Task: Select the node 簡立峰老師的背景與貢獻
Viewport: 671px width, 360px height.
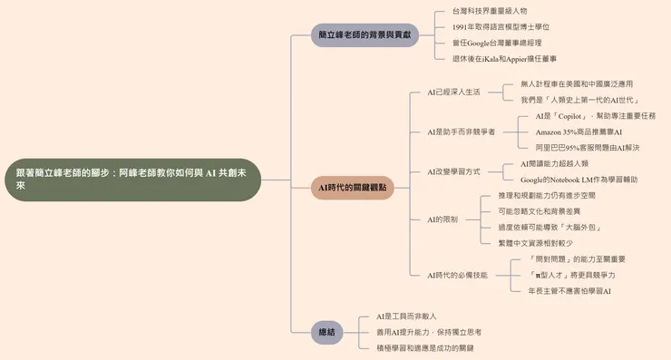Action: point(365,34)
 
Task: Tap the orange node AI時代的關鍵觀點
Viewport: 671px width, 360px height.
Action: point(353,188)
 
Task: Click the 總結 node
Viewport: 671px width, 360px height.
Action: point(326,332)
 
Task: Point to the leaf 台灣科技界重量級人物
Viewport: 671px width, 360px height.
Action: point(489,12)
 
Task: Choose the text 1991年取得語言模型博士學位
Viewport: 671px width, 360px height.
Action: point(501,27)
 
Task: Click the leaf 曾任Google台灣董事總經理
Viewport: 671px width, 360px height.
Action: point(498,43)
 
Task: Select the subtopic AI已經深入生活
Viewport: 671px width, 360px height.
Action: point(453,92)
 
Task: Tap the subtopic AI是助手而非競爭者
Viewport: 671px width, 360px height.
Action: point(461,131)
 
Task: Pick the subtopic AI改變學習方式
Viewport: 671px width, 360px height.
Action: point(453,171)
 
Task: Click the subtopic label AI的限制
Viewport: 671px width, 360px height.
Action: point(442,219)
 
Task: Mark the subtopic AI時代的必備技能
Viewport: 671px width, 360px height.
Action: point(457,275)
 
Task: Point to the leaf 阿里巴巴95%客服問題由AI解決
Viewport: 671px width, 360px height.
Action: point(587,147)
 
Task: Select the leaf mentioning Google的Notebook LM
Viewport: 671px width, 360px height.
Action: point(579,180)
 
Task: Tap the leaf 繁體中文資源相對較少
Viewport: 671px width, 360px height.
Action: point(535,243)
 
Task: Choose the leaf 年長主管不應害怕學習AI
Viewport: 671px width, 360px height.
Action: point(569,291)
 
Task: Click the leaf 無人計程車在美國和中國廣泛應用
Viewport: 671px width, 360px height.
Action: point(577,84)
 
